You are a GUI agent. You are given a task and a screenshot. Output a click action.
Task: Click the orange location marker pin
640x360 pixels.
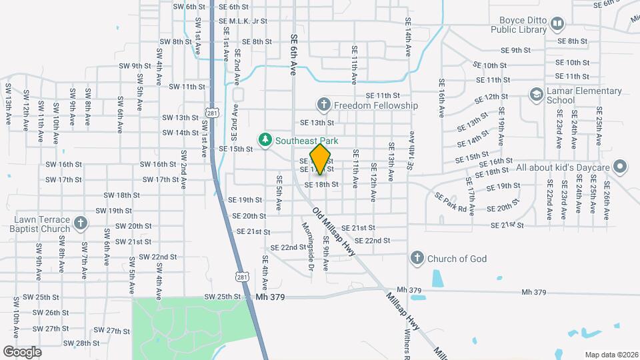point(321,158)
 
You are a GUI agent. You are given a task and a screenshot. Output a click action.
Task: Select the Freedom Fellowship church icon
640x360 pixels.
point(323,104)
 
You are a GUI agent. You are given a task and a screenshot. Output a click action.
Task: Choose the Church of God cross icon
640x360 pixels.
point(417,257)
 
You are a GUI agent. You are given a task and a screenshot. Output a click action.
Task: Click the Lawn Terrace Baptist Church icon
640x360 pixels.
point(80,223)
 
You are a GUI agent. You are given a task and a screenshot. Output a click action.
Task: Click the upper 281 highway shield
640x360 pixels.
point(212,114)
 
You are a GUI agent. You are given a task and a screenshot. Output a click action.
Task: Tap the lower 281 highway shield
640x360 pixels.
point(242,276)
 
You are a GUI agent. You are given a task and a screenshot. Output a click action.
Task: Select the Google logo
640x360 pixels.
point(22,351)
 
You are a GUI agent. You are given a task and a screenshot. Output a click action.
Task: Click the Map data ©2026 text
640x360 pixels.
point(611,355)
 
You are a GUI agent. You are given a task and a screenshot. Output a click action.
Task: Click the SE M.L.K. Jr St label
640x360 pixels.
point(243,21)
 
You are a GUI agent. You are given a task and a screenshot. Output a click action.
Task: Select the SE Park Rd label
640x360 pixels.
point(451,203)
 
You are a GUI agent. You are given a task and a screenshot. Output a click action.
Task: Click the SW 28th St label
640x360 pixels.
point(83,343)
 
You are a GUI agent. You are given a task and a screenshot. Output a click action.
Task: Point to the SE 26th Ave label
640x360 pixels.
point(606,195)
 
